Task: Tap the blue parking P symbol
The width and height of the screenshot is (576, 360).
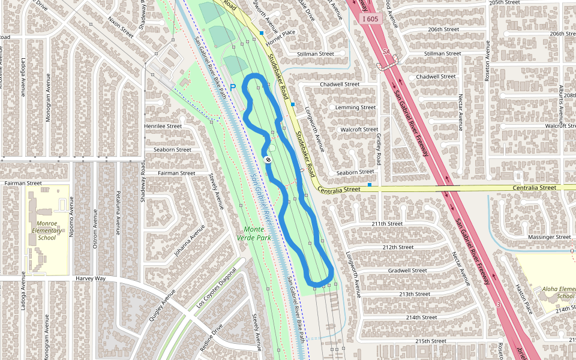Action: tap(233, 88)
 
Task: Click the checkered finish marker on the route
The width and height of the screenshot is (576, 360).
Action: tap(267, 160)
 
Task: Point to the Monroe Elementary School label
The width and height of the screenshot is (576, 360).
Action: tap(46, 230)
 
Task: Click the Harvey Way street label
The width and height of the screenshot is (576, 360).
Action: tap(91, 278)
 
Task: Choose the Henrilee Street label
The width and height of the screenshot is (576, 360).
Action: tap(163, 127)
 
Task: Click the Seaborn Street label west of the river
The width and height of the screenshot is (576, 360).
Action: tap(172, 149)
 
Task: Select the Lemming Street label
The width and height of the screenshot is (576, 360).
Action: tap(355, 107)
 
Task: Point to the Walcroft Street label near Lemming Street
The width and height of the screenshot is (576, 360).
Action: tap(359, 129)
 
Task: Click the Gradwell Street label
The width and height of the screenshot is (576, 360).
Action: tap(407, 271)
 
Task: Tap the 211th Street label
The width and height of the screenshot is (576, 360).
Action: tap(386, 224)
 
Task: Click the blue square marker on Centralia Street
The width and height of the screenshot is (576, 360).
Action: tap(370, 185)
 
